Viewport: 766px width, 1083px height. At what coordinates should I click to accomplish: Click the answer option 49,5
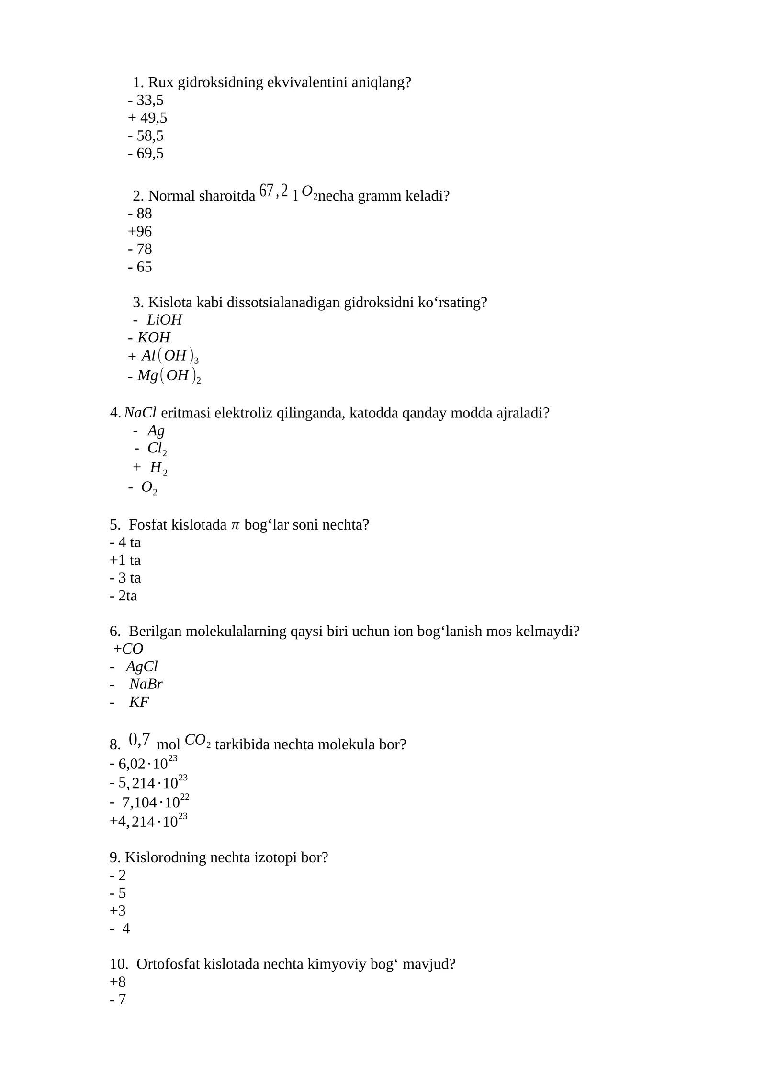[153, 118]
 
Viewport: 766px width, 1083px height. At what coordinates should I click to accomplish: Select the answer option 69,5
[150, 153]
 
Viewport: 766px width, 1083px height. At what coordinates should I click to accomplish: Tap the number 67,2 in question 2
[273, 191]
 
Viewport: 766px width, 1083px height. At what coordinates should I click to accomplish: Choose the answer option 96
[144, 231]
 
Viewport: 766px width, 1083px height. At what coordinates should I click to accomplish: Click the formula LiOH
[164, 319]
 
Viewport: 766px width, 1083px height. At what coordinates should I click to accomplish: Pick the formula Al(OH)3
[169, 356]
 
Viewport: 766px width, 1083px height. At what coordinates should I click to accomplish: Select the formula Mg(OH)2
[169, 376]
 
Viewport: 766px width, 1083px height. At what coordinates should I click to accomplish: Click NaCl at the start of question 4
[140, 412]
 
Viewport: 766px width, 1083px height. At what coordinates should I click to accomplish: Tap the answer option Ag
[156, 430]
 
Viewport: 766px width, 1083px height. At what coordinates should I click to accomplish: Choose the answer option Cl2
[157, 449]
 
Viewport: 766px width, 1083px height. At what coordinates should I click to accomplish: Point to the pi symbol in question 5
[235, 525]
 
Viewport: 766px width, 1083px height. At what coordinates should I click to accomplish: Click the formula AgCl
[142, 666]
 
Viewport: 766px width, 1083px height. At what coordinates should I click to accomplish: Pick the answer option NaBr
[146, 684]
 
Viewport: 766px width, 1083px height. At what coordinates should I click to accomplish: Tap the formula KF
[139, 701]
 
